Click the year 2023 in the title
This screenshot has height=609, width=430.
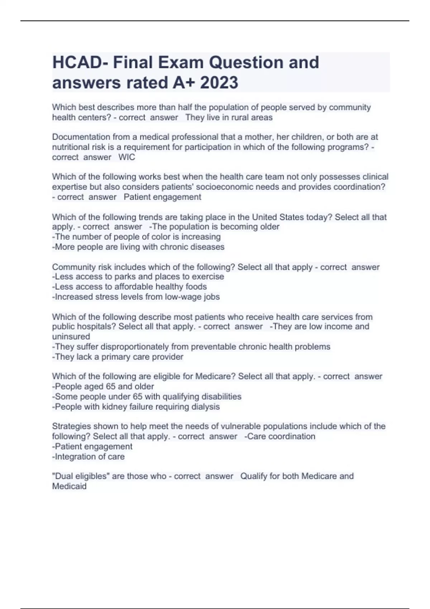point(219,83)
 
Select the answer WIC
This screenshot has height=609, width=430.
point(126,157)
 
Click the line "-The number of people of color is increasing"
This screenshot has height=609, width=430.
point(136,237)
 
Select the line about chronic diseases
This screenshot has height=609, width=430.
point(138,247)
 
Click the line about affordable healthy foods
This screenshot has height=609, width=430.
point(129,287)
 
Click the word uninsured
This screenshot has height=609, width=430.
point(71,336)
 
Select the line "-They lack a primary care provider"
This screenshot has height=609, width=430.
point(118,357)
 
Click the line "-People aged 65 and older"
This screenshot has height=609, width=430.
point(103,387)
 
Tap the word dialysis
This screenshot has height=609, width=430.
point(205,407)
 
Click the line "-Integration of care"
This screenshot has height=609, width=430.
point(88,457)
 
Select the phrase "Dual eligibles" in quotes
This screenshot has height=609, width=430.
point(81,476)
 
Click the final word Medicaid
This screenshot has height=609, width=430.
point(69,486)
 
